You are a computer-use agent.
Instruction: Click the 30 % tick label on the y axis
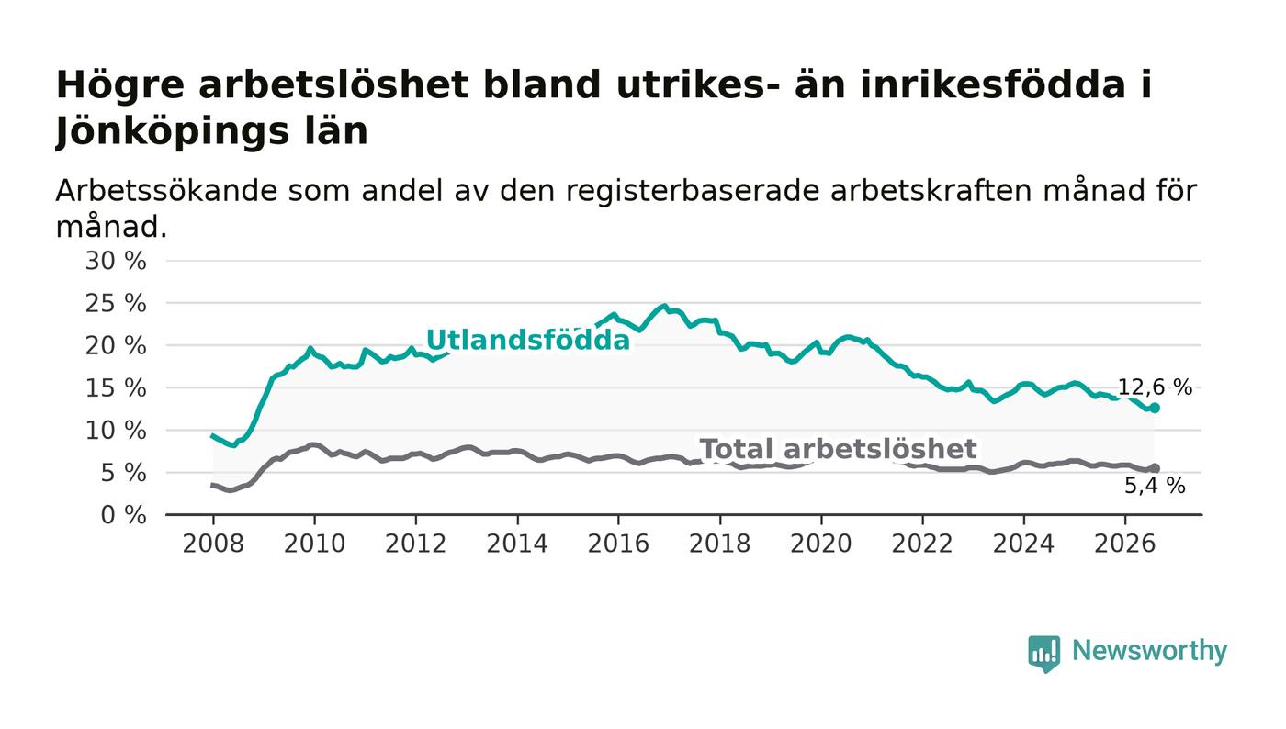[116, 261]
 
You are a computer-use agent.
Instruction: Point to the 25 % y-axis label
[116, 304]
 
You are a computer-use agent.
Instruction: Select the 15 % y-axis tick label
[116, 388]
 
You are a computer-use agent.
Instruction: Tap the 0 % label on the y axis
[123, 515]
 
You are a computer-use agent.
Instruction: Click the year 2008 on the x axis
[213, 544]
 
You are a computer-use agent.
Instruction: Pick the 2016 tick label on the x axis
[618, 544]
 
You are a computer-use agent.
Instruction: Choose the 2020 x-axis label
[821, 544]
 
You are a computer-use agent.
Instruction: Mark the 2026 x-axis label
[1124, 544]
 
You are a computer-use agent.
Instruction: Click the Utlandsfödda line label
[528, 341]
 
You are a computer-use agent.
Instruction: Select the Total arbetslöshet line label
[838, 449]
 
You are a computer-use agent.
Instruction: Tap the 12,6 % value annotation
[1156, 387]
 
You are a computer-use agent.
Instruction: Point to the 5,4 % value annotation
[1155, 487]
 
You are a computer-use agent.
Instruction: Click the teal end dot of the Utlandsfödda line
[1155, 409]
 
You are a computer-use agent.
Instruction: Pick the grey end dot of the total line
[1155, 468]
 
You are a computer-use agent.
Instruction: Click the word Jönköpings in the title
[211, 132]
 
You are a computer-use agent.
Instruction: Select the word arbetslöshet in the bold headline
[333, 85]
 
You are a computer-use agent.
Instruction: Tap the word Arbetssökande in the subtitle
[166, 191]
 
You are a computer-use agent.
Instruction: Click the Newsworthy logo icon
[1043, 654]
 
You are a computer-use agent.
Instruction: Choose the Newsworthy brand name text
[1149, 651]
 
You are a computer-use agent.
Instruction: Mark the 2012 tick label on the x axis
[415, 544]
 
